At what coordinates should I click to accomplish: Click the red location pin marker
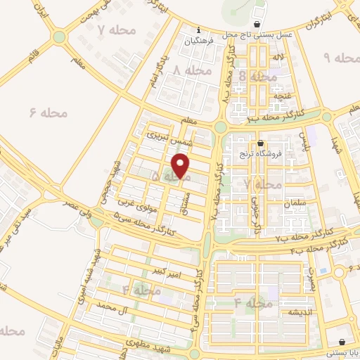coord(181,166)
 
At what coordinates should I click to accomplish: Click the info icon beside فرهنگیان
coord(199,30)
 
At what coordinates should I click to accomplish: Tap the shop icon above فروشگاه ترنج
coord(260,143)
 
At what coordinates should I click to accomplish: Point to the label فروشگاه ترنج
coord(261,153)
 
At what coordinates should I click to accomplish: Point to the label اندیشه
coord(292,311)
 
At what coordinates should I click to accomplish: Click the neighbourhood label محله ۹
coord(337,56)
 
